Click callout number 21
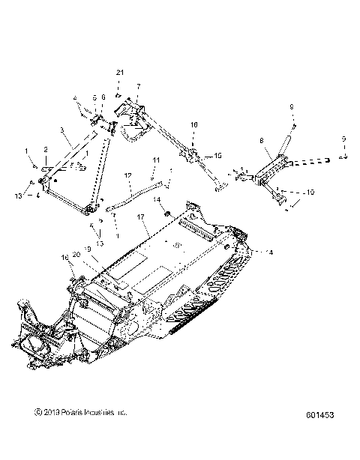coord(118,72)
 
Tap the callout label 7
coord(137,87)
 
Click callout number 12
coord(129,176)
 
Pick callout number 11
coord(156,160)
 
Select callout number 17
coord(141,217)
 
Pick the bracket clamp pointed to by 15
coord(195,156)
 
